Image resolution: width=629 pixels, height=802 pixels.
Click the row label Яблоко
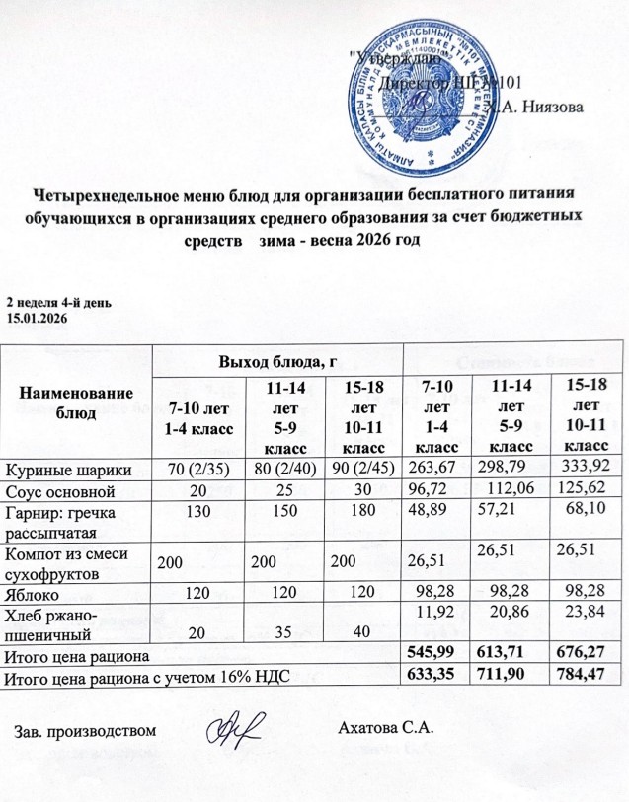[x=37, y=597]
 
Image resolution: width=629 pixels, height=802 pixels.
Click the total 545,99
[x=436, y=655]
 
